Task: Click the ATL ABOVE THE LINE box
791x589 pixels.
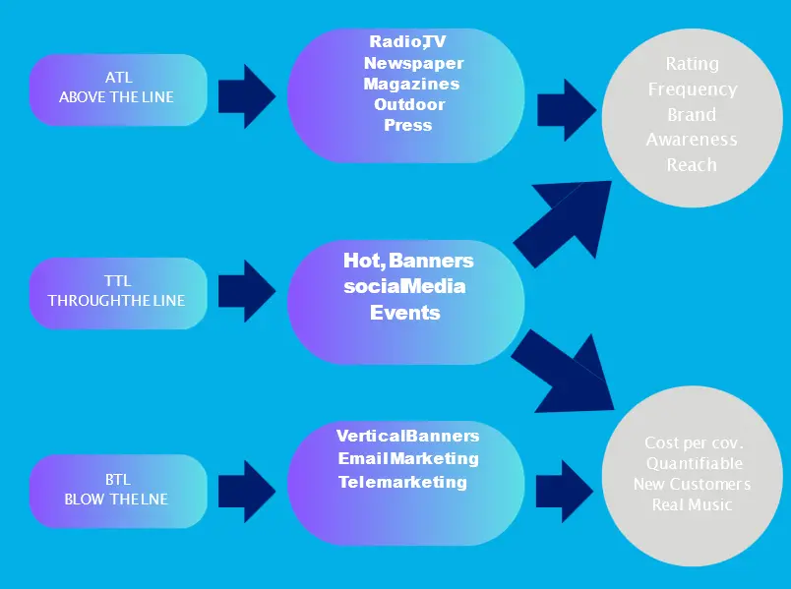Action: (x=117, y=89)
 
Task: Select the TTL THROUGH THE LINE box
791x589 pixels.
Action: (x=117, y=292)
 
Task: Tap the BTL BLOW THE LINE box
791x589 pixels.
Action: (x=117, y=491)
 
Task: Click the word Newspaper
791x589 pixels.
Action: (x=413, y=62)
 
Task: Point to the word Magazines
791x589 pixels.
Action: (x=411, y=84)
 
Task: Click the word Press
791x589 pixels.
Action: (x=407, y=125)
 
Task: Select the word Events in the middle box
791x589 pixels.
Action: (x=404, y=313)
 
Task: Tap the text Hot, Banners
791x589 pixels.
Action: (x=408, y=261)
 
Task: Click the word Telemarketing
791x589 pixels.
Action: (x=402, y=482)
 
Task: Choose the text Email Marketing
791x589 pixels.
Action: (x=408, y=458)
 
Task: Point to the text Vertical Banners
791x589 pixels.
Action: (x=407, y=436)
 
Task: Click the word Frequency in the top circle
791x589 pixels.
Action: (x=692, y=89)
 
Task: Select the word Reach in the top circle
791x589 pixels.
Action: (x=692, y=165)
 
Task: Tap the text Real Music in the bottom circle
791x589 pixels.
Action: (x=692, y=504)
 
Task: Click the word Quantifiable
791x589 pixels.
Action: (x=694, y=463)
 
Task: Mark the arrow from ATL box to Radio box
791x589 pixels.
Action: (x=247, y=95)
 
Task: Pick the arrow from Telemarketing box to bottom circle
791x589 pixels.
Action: (x=566, y=484)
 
